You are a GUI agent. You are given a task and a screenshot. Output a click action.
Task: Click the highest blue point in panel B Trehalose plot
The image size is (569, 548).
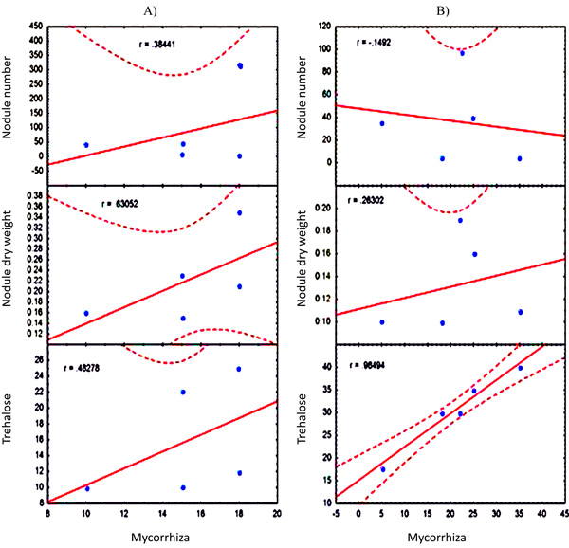tap(520, 367)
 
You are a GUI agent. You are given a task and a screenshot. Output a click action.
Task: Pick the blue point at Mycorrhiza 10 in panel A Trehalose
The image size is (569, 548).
tap(86, 488)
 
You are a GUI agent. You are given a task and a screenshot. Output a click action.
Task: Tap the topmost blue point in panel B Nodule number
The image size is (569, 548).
tap(462, 53)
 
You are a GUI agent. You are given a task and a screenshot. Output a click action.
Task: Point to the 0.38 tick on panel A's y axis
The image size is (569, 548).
tap(31, 194)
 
